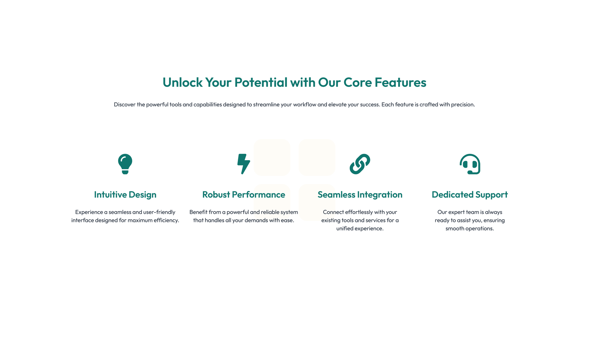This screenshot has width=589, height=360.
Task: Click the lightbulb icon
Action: pos(125,164)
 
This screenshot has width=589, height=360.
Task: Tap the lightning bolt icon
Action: pos(243,164)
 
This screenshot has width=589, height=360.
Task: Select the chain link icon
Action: pos(360,164)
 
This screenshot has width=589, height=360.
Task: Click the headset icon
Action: pos(470,164)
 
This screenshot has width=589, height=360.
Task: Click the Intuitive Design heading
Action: pos(125,195)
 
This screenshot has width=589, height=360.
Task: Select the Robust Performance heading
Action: pos(243,195)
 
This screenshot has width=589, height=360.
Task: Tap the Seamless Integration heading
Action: pos(360,195)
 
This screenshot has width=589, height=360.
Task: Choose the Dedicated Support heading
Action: pos(470,195)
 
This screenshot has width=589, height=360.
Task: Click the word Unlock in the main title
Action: pos(183,82)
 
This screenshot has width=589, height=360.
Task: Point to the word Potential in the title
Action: pos(261,82)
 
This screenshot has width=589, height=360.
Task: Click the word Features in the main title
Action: pos(401,82)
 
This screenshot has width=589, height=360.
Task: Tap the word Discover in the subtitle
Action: pos(124,105)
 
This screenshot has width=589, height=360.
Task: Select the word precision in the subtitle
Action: pos(463,105)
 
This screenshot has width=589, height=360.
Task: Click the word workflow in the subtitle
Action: pos(304,105)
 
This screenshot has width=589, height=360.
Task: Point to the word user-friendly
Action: pos(159,212)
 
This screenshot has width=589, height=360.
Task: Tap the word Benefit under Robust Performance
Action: pos(198,212)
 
